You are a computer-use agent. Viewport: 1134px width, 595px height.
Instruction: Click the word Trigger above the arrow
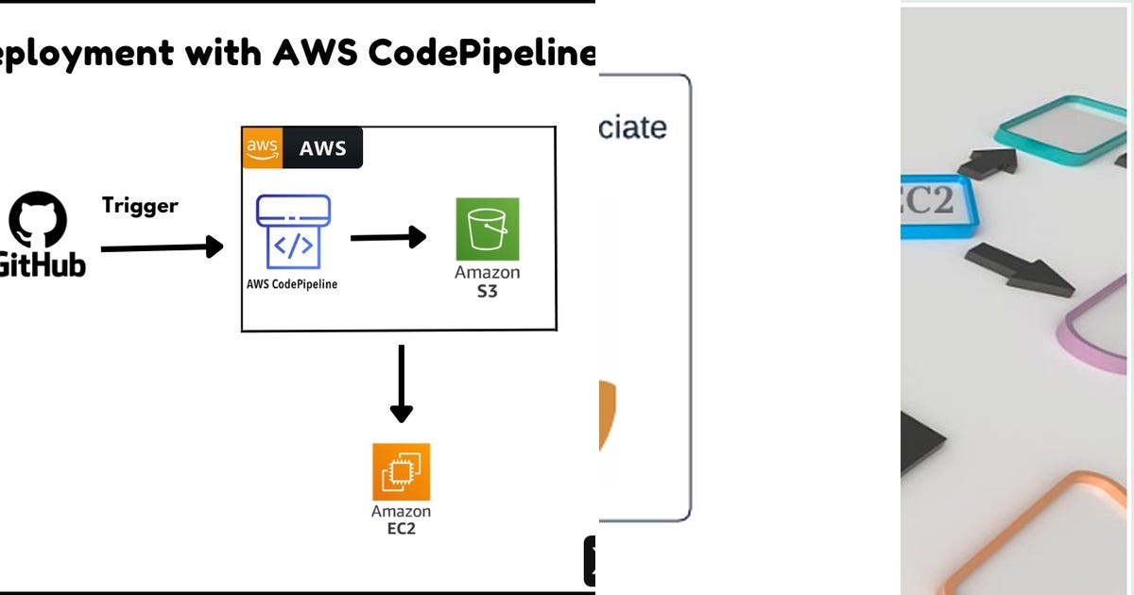click(140, 205)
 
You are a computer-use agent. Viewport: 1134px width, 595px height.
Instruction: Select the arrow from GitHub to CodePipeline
click(162, 247)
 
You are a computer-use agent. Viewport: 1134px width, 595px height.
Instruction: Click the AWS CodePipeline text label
click(292, 283)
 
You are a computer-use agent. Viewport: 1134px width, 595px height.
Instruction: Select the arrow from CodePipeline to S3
click(387, 237)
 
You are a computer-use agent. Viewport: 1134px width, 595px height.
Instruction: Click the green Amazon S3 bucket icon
click(488, 229)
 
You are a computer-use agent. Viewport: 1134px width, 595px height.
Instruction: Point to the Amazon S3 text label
click(488, 281)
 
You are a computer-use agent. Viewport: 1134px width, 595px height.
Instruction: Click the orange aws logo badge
click(262, 148)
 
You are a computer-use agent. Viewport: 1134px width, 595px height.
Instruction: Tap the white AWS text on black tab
click(323, 148)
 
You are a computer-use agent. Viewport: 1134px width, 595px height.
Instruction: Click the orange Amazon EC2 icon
click(401, 471)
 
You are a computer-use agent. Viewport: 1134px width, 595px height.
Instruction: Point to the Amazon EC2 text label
click(401, 518)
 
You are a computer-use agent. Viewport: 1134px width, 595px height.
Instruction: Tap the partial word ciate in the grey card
click(633, 127)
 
